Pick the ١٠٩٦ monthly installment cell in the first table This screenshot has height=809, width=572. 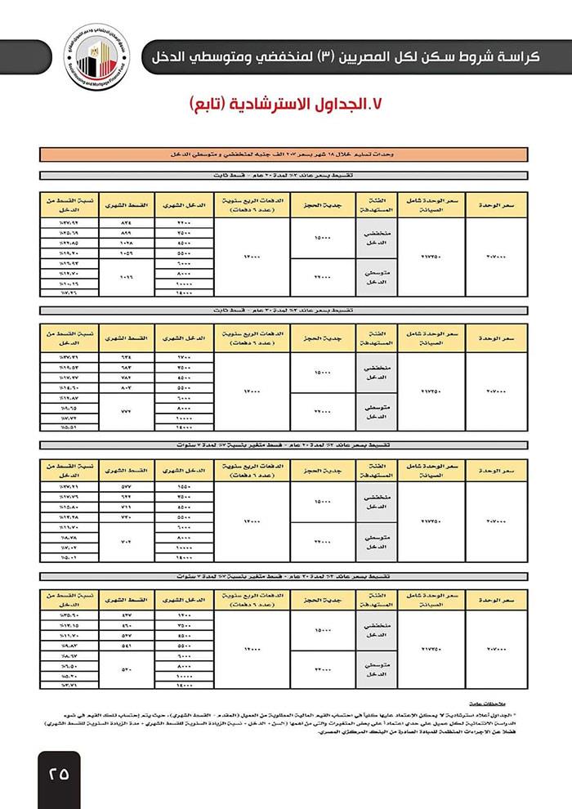tap(125, 276)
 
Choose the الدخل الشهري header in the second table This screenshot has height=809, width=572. tap(183, 337)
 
